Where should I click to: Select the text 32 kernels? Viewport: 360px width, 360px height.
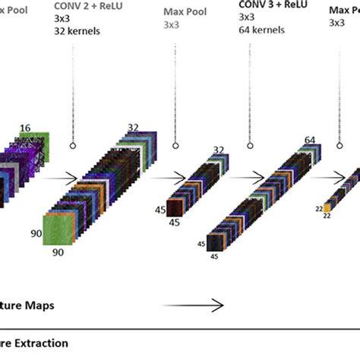click(77, 31)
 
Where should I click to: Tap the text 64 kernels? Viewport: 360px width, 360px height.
click(262, 31)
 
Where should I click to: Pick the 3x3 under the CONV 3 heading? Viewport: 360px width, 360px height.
click(247, 18)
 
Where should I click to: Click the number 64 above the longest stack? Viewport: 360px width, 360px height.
click(310, 140)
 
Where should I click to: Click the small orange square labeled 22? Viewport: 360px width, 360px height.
click(328, 206)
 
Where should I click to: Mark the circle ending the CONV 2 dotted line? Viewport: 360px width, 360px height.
click(74, 144)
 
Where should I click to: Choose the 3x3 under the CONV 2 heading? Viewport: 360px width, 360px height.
click(62, 18)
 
